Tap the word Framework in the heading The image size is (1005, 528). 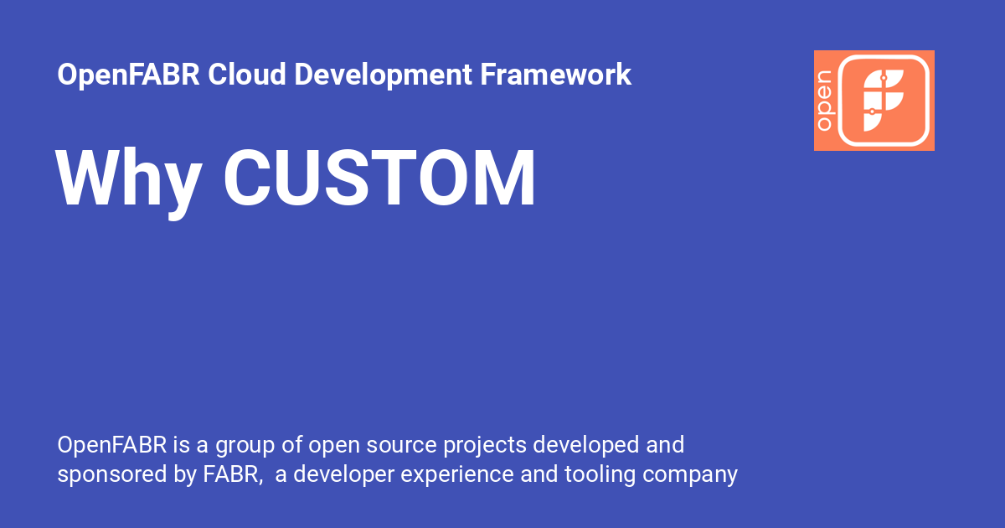[x=555, y=75]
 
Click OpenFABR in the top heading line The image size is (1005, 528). [x=129, y=75]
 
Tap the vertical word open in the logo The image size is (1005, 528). [x=824, y=101]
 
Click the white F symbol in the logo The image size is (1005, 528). [x=884, y=101]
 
